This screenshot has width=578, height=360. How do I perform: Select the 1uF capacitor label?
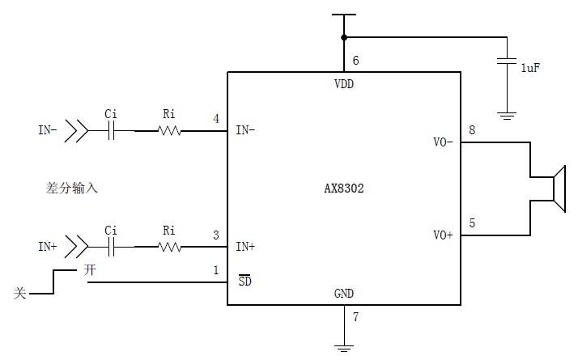pyautogui.click(x=530, y=68)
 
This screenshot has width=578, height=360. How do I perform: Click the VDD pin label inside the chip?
pyautogui.click(x=344, y=83)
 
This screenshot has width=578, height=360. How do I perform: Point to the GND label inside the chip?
pyautogui.click(x=344, y=293)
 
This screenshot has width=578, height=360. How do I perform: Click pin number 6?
pyautogui.click(x=355, y=61)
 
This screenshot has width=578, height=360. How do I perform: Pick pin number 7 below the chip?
pyautogui.click(x=355, y=316)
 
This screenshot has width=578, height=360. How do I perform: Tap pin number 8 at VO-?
pyautogui.click(x=472, y=130)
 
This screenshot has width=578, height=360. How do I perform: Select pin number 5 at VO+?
pyautogui.click(x=472, y=222)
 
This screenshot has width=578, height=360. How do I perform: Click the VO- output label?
pyautogui.click(x=444, y=142)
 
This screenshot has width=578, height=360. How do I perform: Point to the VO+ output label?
pyautogui.click(x=444, y=235)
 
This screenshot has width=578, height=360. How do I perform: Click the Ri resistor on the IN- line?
pyautogui.click(x=169, y=130)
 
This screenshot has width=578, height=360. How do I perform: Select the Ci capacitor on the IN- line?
pyautogui.click(x=111, y=130)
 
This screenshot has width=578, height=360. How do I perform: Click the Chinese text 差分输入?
pyautogui.click(x=72, y=188)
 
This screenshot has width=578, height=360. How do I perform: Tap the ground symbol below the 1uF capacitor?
pyautogui.click(x=507, y=116)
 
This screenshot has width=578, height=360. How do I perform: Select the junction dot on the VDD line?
pyautogui.click(x=344, y=37)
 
